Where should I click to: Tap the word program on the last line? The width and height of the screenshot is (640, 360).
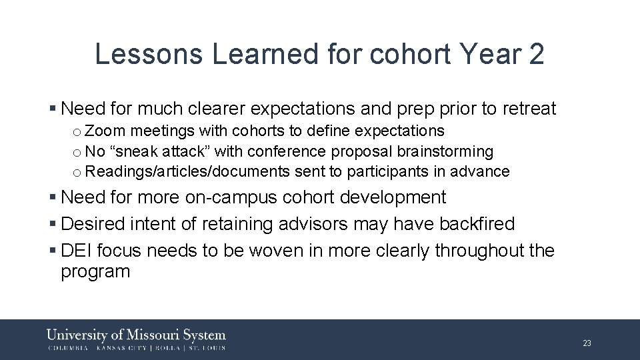(95, 272)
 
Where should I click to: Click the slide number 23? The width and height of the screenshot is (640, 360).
(587, 343)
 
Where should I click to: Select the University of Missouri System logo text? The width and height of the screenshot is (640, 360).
(136, 335)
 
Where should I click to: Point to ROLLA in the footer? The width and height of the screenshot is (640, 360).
(169, 347)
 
